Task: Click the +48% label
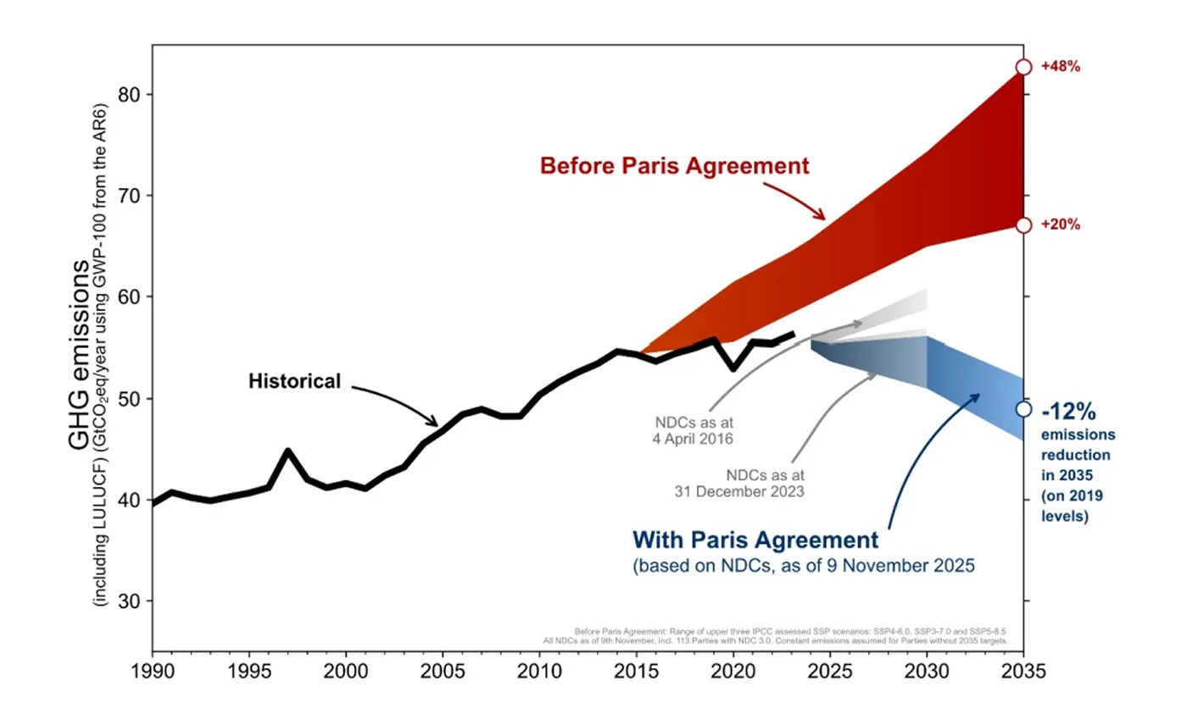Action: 1061,67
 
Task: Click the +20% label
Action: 1061,225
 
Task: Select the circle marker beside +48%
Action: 1023,67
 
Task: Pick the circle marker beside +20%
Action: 1023,224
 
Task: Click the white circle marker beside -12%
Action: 1023,409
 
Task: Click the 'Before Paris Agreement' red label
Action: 674,165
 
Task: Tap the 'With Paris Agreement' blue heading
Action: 754,540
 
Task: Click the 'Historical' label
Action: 293,381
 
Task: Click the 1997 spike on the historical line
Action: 288,451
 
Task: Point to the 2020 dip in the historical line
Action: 733,368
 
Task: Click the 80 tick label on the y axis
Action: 131,94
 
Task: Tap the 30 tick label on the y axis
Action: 131,601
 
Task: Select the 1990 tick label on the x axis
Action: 153,671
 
